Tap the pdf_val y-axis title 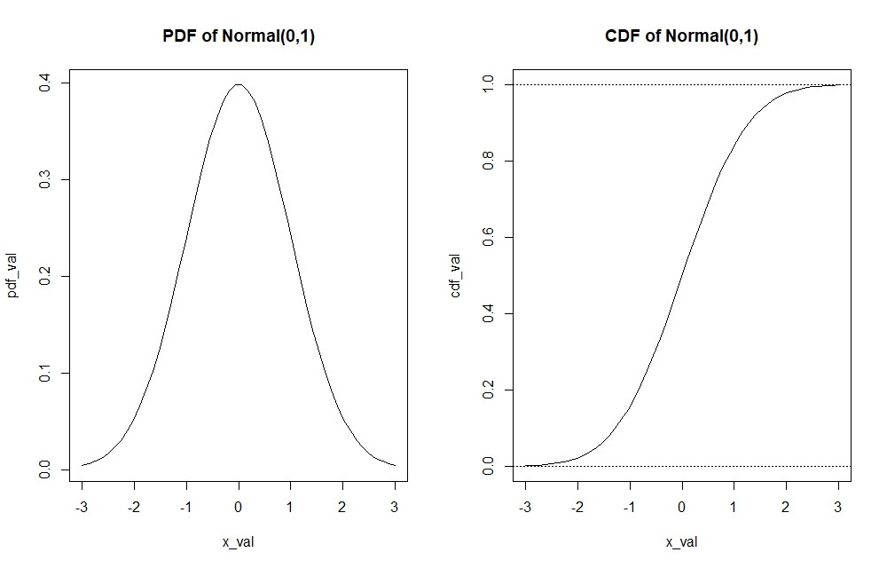[x=14, y=277]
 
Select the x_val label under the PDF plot [x=239, y=541]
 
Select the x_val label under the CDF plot [x=681, y=541]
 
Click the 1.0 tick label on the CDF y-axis [x=487, y=85]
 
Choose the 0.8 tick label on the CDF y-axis [x=487, y=162]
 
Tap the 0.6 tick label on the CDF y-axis [x=487, y=238]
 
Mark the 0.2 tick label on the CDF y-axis [x=487, y=390]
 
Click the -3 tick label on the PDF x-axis [x=82, y=508]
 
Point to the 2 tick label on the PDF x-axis [x=343, y=508]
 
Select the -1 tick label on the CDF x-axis [x=628, y=508]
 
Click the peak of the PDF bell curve [x=239, y=84]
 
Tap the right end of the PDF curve [x=395, y=465]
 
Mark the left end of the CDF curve [x=525, y=465]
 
